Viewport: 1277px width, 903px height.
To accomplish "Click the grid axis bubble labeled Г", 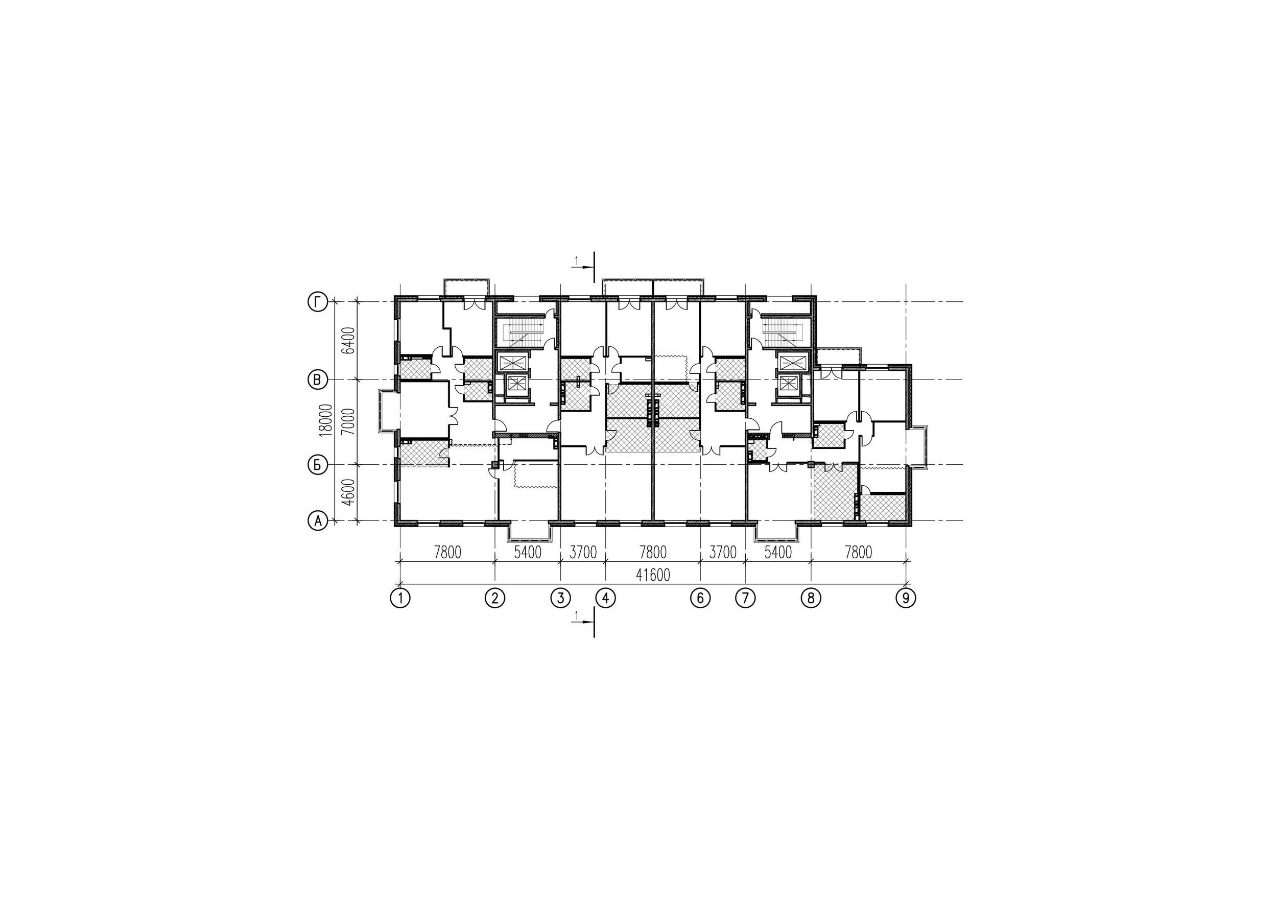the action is tap(317, 302).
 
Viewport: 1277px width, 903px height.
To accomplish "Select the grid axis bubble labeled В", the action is tap(317, 381).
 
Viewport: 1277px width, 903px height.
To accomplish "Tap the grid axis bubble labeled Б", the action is tap(317, 465).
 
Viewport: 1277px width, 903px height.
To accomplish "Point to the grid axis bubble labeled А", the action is tap(317, 521).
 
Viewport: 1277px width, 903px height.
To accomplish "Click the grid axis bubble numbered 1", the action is tap(400, 598).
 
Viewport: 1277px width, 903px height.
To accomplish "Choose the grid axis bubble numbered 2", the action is tap(495, 598).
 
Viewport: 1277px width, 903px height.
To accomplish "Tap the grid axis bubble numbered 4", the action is tap(605, 598).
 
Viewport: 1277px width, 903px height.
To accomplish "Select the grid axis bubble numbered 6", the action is tap(700, 598).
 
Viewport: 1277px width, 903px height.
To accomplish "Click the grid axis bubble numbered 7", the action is tap(745, 598).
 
